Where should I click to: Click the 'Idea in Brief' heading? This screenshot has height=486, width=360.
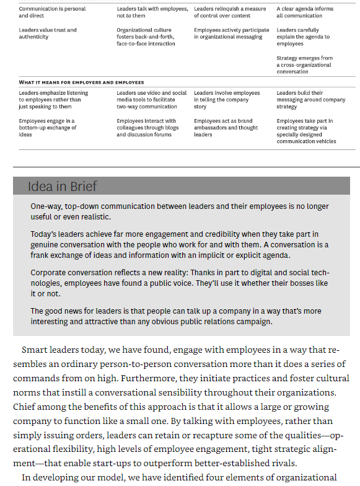[62, 186]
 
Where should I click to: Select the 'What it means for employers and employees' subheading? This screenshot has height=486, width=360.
[81, 82]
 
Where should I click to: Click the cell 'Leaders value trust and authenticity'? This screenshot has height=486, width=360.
[48, 33]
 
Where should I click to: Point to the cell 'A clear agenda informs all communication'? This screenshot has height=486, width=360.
[305, 12]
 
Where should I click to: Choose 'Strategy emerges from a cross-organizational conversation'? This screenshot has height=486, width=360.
[305, 64]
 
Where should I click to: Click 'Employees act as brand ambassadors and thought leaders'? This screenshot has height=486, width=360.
[227, 128]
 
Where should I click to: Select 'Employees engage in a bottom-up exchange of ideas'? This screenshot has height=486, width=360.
[48, 128]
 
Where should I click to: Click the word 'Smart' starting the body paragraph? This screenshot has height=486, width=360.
[34, 350]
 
